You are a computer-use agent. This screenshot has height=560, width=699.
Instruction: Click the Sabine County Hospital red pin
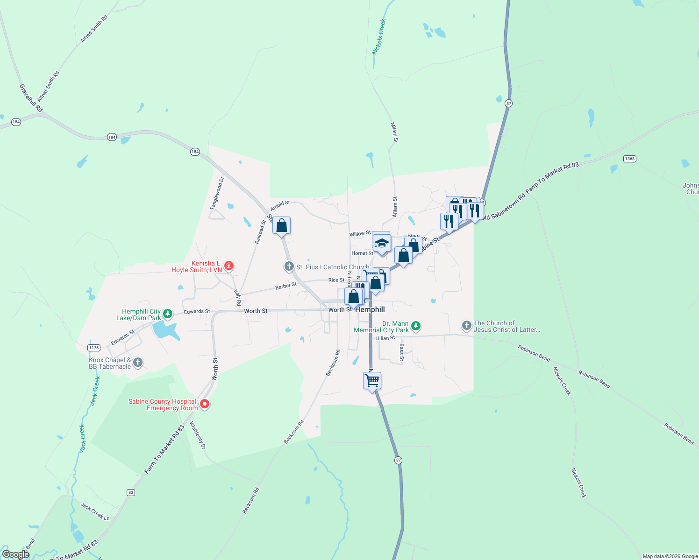tap(204, 404)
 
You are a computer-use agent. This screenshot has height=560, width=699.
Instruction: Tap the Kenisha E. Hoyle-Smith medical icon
tap(228, 266)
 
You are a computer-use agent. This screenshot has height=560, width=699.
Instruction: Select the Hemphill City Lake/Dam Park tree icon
tap(167, 314)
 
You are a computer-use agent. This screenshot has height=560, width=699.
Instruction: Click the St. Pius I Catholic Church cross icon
tap(289, 267)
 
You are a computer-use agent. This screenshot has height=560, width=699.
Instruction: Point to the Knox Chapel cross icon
tap(137, 363)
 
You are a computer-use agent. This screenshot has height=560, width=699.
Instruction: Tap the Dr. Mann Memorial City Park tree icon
tap(415, 326)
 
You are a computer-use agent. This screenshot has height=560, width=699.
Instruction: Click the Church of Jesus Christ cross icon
tap(466, 326)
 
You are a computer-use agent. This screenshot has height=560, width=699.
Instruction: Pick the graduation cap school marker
tap(382, 244)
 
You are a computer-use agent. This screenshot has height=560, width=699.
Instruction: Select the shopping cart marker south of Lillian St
tap(372, 380)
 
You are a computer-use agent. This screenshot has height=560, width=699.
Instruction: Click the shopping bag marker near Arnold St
tap(281, 226)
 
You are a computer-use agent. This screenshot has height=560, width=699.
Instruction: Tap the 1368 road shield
tap(629, 159)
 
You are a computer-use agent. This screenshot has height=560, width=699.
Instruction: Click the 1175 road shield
tap(94, 348)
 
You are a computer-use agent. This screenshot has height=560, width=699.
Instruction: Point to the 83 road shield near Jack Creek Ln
tap(130, 492)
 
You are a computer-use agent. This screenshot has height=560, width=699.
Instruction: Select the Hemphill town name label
tap(371, 309)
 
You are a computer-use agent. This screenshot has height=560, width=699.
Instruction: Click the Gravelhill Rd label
tap(31, 98)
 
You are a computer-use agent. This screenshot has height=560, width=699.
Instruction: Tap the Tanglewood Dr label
tap(217, 193)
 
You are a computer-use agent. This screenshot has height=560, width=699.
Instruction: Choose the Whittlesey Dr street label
tap(197, 435)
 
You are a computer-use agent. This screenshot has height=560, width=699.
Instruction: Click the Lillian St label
tap(385, 338)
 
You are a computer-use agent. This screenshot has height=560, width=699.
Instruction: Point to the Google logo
tap(15, 554)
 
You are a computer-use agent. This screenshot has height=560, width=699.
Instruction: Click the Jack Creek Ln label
tap(94, 511)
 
